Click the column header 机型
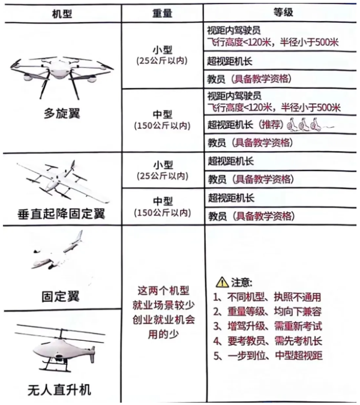(x=61, y=13)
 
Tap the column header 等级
(x=281, y=13)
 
